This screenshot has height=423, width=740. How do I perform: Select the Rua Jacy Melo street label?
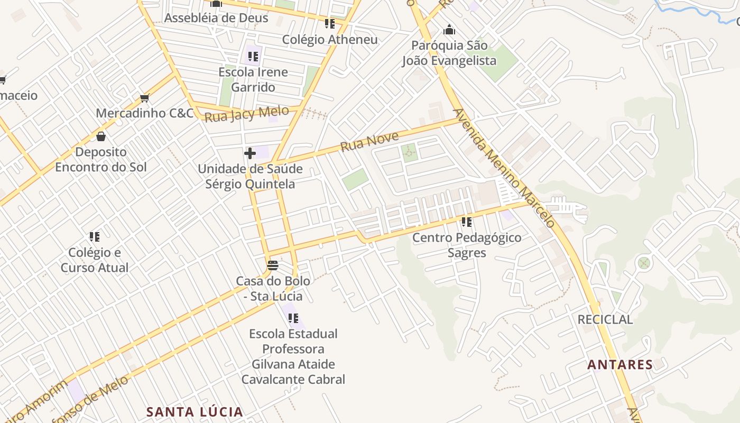tap(246, 114)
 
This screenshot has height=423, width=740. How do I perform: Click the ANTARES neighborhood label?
tap(620, 365)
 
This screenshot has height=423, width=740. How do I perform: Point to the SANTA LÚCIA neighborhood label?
tap(195, 412)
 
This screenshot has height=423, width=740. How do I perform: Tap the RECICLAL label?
tap(605, 319)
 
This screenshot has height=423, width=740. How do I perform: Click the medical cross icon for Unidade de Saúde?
tap(250, 153)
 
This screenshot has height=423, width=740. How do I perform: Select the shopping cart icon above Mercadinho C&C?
tap(144, 98)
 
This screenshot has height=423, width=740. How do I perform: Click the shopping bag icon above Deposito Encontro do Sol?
tap(101, 136)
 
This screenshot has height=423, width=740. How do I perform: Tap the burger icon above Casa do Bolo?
tap(273, 265)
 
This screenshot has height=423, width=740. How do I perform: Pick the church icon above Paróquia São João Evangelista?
tap(449, 30)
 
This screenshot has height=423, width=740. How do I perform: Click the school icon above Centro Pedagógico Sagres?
tap(466, 222)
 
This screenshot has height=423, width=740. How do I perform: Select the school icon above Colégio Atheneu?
tap(330, 24)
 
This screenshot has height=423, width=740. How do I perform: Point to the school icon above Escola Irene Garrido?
tap(253, 56)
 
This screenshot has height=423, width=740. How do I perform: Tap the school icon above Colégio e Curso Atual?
tap(95, 236)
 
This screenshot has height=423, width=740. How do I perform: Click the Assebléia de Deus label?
tap(216, 18)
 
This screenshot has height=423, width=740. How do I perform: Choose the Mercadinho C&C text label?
tap(145, 113)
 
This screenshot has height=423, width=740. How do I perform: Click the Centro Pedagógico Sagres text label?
tap(467, 245)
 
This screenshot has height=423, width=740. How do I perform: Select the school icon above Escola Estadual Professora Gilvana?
tap(293, 318)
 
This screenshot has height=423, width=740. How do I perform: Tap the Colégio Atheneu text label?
tap(330, 40)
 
